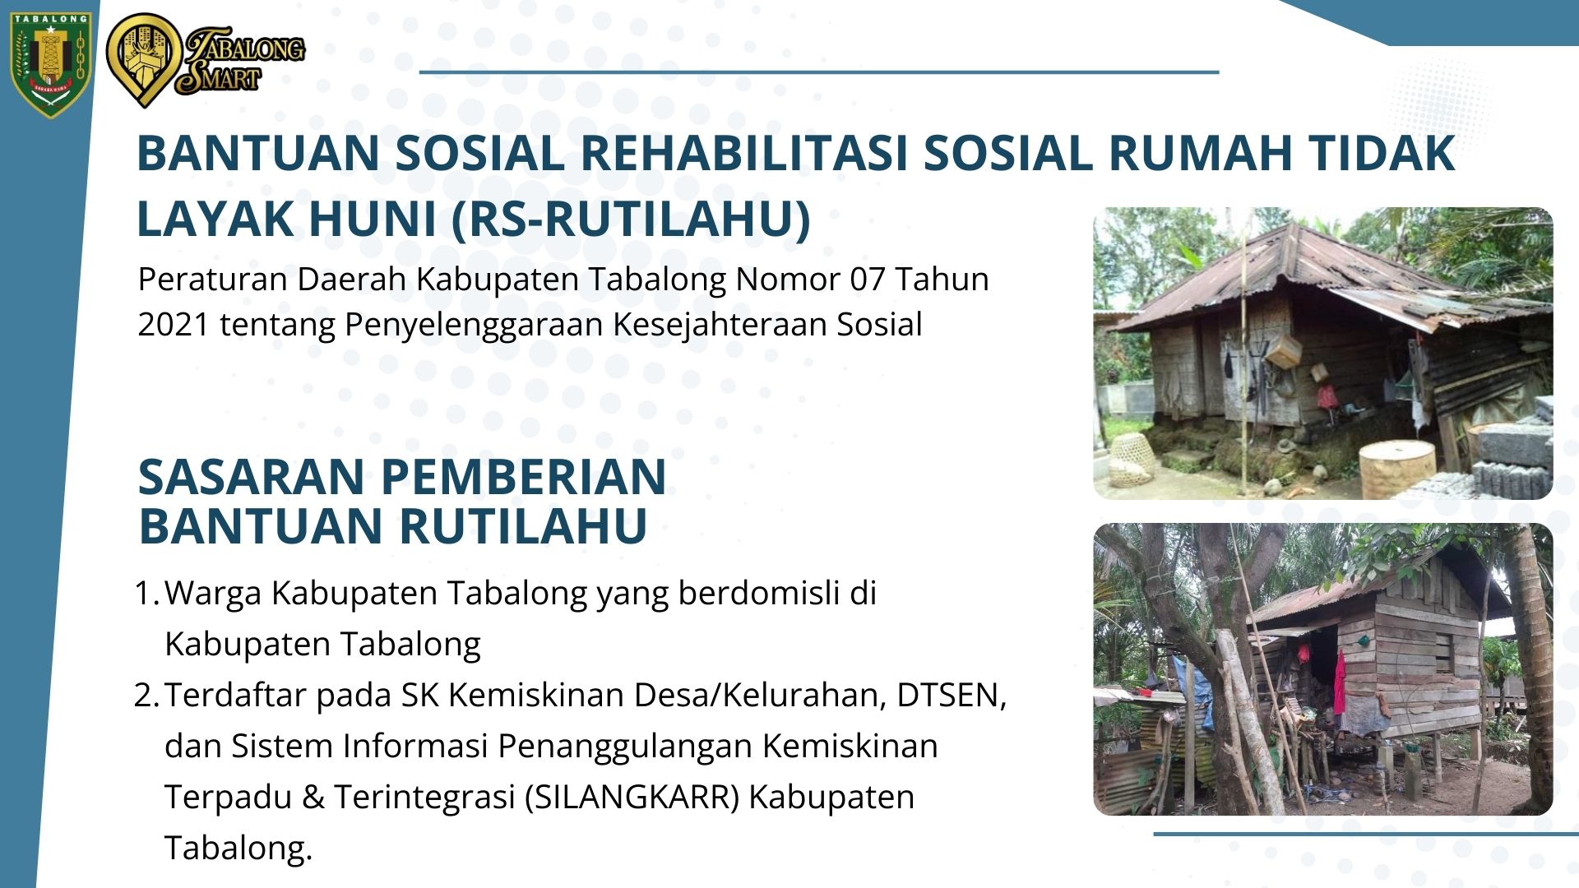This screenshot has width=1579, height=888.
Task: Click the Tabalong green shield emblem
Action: [x=50, y=64]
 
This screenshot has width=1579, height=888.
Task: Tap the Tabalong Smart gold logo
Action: [x=206, y=60]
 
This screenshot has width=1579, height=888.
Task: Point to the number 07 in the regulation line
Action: [x=867, y=280]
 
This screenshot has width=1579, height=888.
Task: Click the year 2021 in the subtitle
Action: [x=174, y=325]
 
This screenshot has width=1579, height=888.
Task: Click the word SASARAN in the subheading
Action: [x=251, y=477]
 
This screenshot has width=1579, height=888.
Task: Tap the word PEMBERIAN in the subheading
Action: [x=523, y=477]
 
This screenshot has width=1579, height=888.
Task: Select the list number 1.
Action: [x=146, y=593]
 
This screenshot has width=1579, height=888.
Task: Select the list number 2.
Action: [x=146, y=696]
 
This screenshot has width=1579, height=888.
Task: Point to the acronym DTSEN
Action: [x=951, y=696]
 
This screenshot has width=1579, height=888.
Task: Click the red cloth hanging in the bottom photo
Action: [x=1340, y=682]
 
